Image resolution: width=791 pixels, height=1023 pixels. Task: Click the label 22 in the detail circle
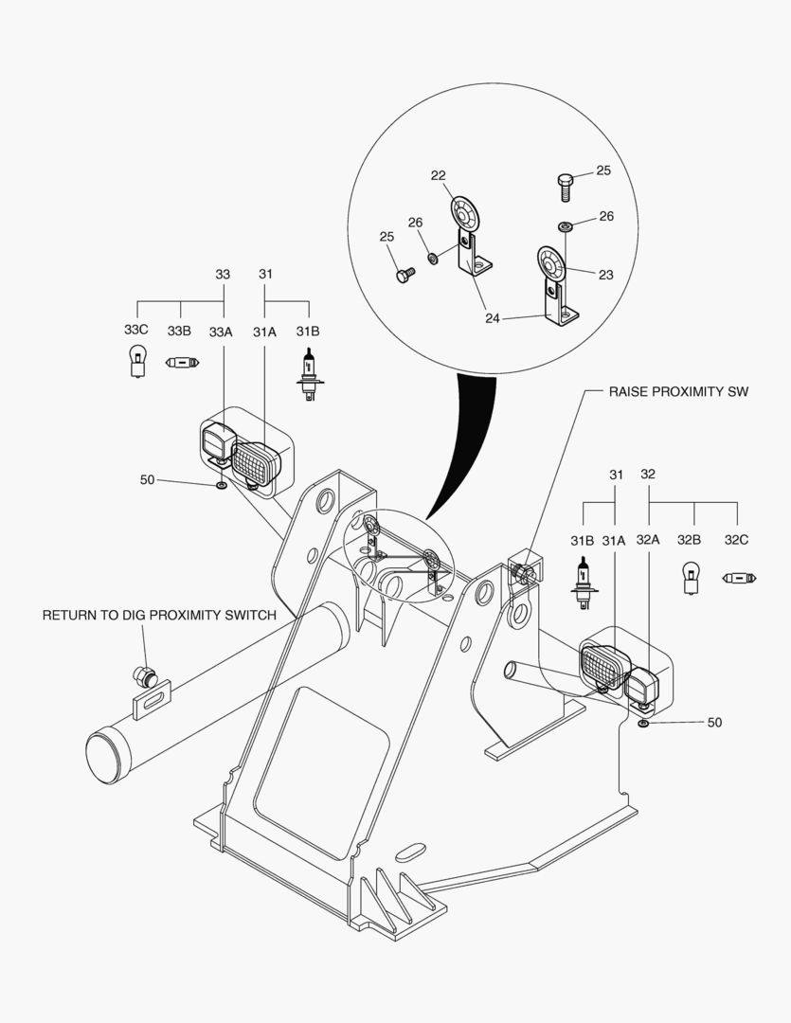pos(439,175)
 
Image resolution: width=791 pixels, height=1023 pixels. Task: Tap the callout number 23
pos(606,275)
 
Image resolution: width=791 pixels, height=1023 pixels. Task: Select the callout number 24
pos(493,318)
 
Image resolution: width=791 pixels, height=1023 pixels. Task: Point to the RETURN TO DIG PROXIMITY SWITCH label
pos(159,615)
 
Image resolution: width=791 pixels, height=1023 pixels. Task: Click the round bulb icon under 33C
pos(136,362)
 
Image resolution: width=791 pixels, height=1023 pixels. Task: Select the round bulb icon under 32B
pos(690,577)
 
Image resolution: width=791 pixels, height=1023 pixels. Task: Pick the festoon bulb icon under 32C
pos(737,577)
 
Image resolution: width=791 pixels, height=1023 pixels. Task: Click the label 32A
pos(648,540)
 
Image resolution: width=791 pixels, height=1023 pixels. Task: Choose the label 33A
pos(221,332)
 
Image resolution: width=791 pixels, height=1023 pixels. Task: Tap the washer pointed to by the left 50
pos(221,485)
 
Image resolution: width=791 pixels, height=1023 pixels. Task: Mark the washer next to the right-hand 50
pos(644,724)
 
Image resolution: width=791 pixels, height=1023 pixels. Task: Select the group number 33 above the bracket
pos(223,274)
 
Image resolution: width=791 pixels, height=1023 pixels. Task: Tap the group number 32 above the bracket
pos(648,474)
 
